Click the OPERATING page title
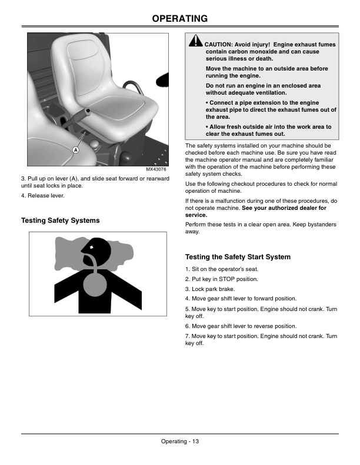click(x=180, y=19)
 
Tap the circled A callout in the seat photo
click(x=76, y=150)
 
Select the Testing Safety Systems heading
click(x=61, y=220)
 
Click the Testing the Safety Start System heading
click(x=238, y=257)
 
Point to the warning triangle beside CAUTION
click(x=196, y=41)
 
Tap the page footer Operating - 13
click(x=180, y=441)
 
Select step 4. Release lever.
click(x=43, y=196)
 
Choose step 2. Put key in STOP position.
click(x=221, y=279)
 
